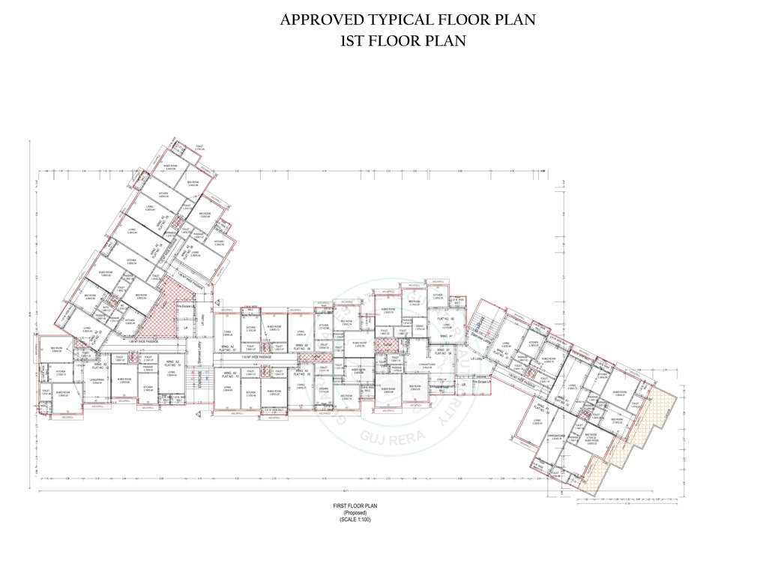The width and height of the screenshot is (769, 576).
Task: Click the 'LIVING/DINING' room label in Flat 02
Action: [95, 380]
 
